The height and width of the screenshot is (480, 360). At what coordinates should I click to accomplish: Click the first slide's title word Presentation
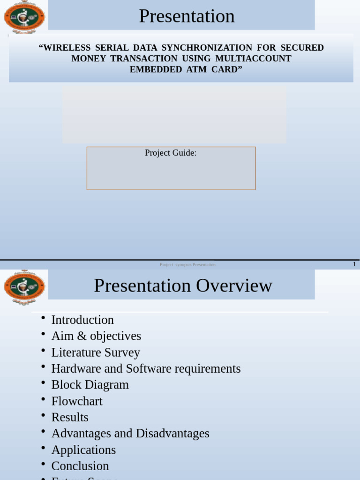click(x=187, y=16)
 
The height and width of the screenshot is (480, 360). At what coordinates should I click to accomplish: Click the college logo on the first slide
click(x=24, y=17)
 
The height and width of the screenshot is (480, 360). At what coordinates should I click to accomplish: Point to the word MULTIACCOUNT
click(x=253, y=59)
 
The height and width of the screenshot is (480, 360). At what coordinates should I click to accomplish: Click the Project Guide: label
click(x=171, y=153)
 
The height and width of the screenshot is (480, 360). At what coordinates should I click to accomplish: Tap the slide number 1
click(x=354, y=264)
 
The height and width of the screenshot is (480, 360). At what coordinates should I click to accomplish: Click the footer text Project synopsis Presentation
click(x=187, y=265)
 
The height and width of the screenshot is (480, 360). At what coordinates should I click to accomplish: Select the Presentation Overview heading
click(x=183, y=285)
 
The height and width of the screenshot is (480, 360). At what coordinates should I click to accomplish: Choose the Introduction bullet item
click(x=82, y=320)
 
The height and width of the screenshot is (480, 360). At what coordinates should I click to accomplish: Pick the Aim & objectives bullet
click(x=96, y=336)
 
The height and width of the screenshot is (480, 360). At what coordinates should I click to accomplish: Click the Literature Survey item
click(x=96, y=352)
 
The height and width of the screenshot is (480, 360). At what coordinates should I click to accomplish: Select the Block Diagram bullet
click(x=90, y=385)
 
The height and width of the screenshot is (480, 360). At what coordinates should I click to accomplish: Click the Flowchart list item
click(x=77, y=401)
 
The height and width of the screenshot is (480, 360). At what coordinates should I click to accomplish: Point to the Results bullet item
click(x=70, y=417)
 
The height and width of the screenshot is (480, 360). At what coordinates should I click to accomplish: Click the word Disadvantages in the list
click(x=172, y=434)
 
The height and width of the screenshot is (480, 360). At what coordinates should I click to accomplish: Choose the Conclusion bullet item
click(x=80, y=466)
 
